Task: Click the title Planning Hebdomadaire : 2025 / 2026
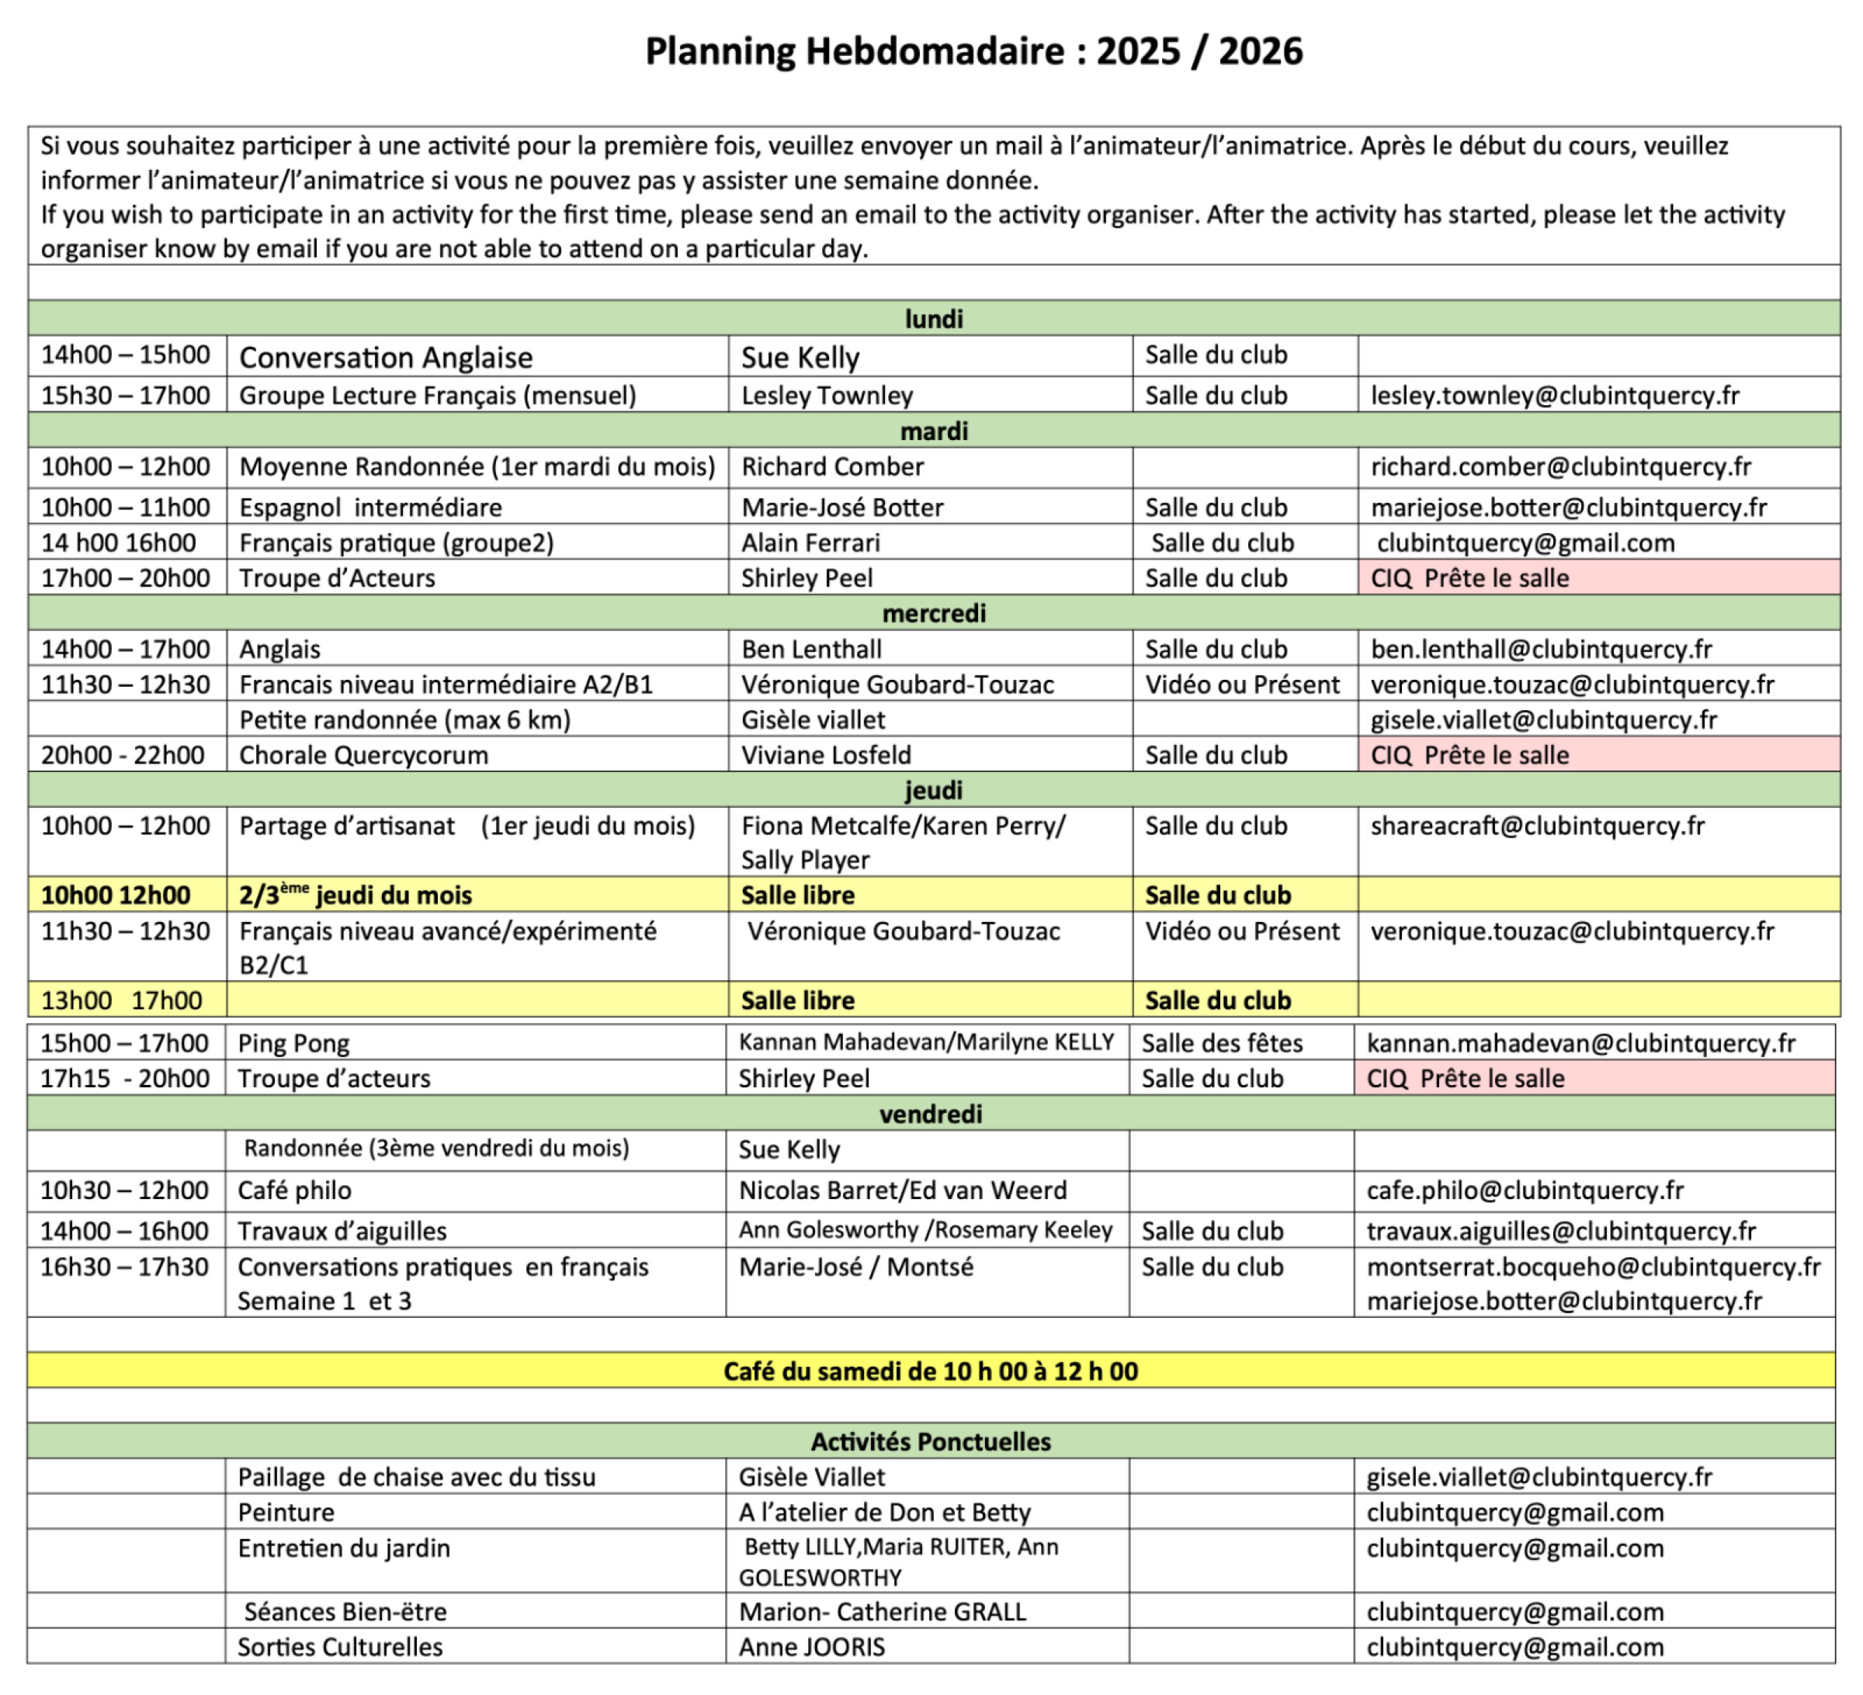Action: tap(973, 52)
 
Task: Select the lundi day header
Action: tap(933, 319)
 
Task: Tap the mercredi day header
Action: tap(933, 613)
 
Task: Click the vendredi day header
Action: tap(931, 1114)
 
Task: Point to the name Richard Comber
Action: tap(831, 466)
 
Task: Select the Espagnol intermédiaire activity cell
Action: tap(370, 507)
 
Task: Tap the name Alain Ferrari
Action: tap(810, 542)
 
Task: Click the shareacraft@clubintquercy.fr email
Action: tap(1537, 826)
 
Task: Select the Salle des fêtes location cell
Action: tap(1222, 1043)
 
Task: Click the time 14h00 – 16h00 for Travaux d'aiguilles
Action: tap(124, 1230)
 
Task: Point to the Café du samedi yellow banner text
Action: tap(931, 1371)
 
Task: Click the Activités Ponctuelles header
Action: tap(931, 1441)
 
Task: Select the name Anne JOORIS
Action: tap(811, 1646)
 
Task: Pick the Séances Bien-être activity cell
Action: tap(345, 1611)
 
